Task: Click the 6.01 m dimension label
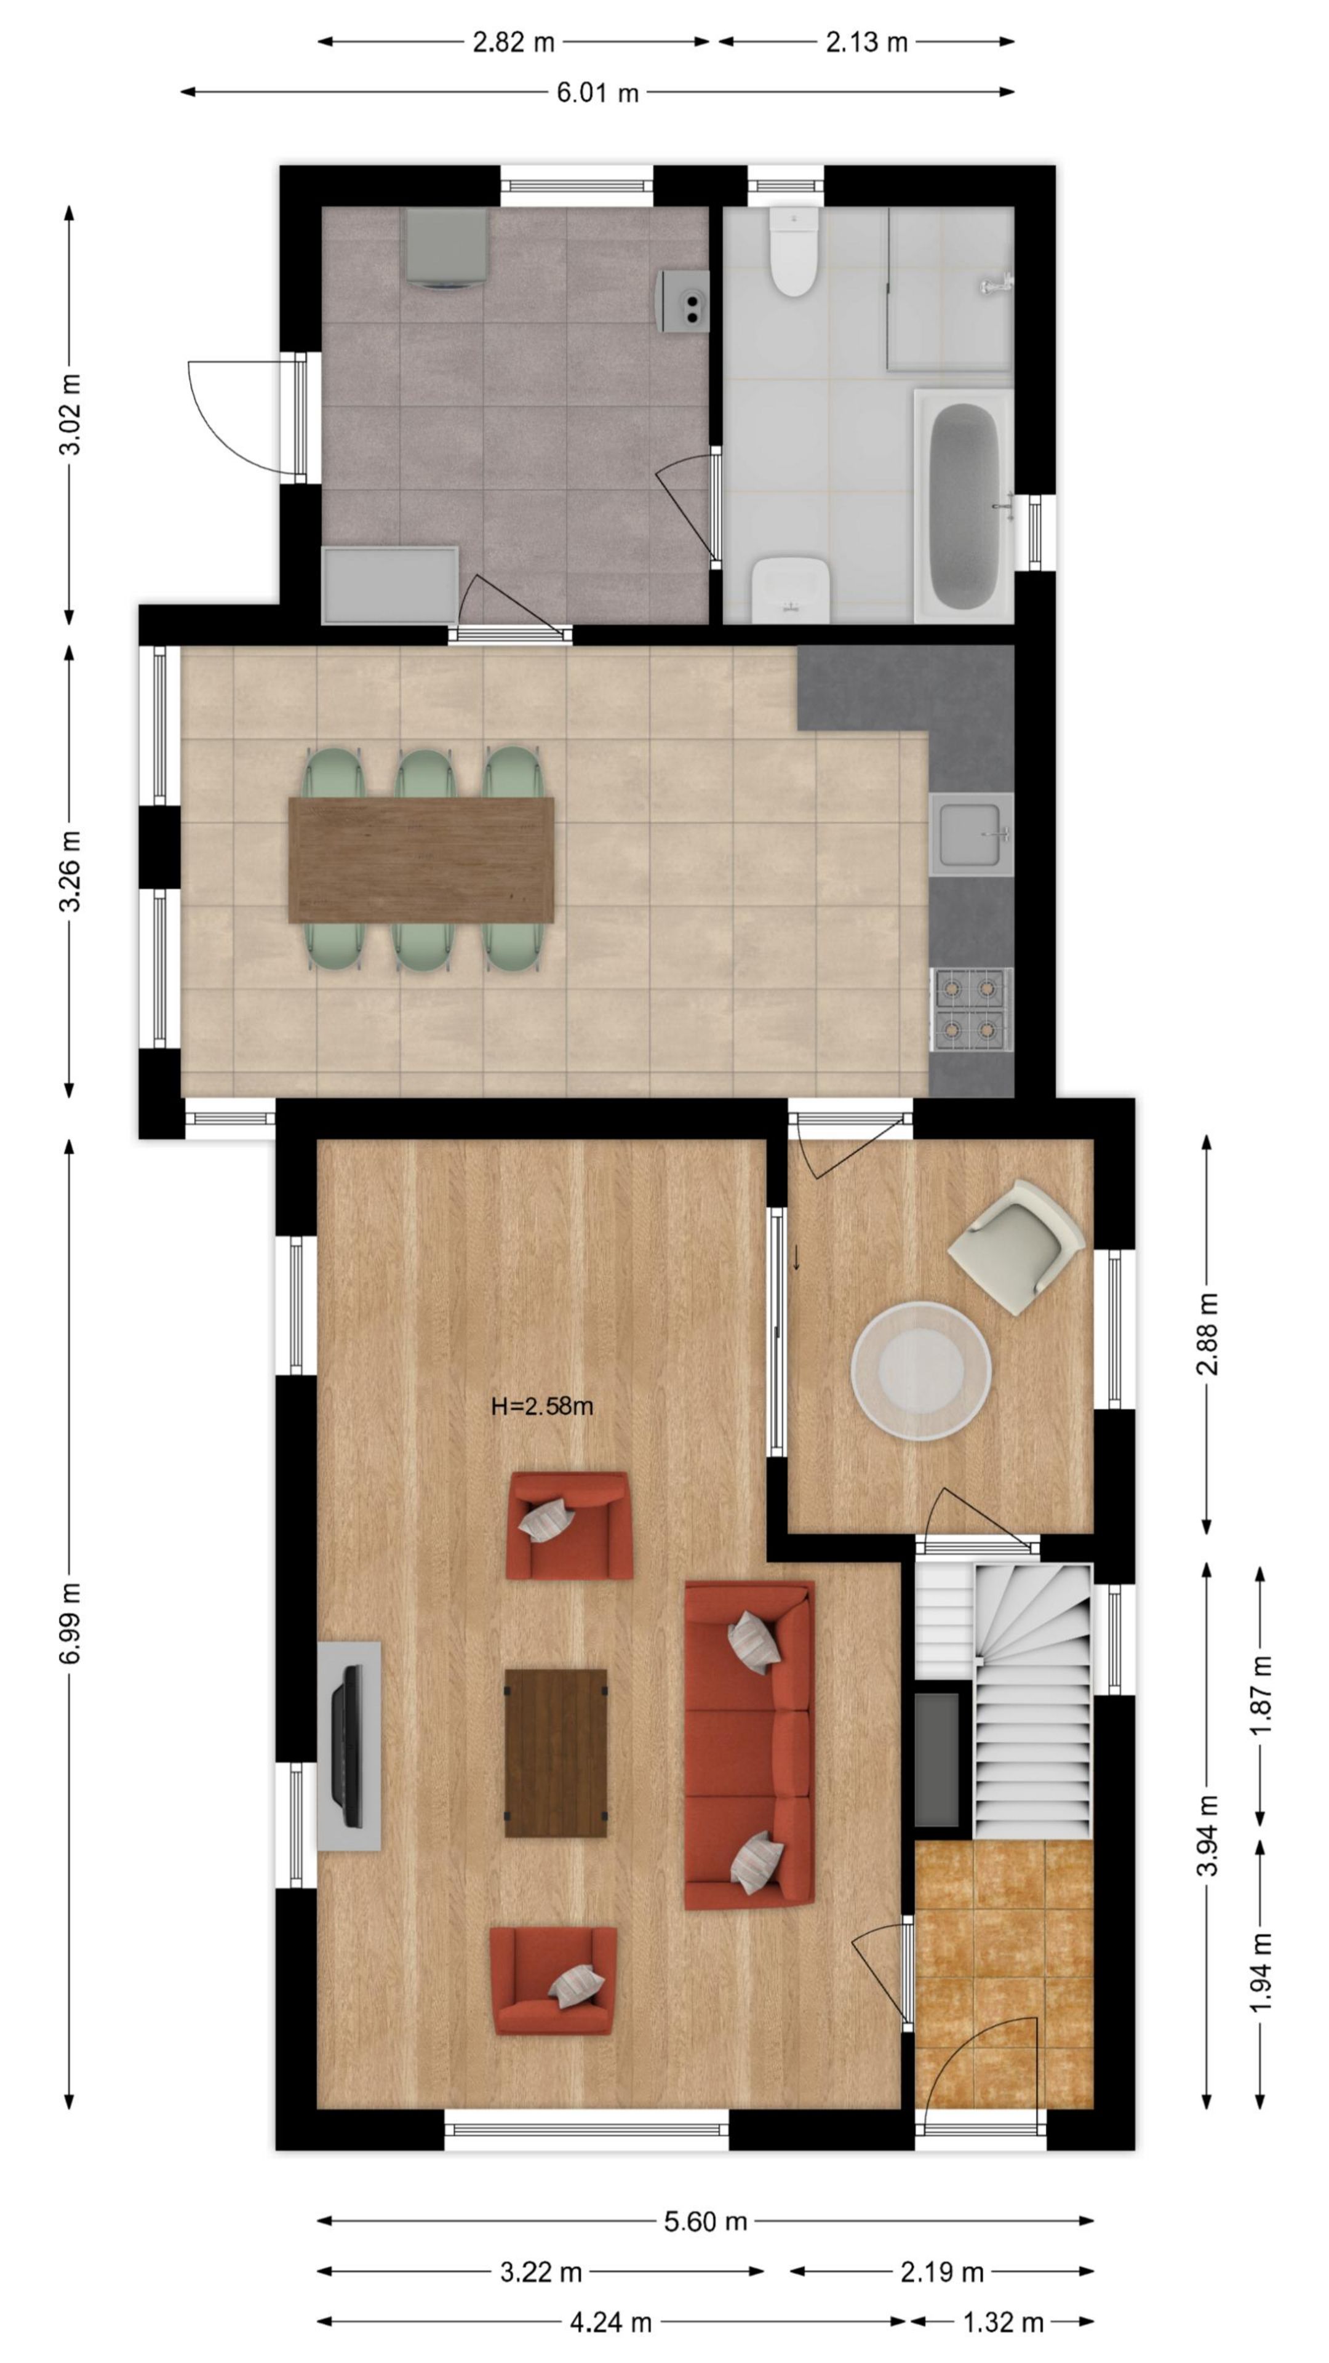tap(597, 93)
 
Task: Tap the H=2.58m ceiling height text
tap(542, 1406)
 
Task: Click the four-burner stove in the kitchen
tap(970, 1009)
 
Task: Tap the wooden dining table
tap(421, 860)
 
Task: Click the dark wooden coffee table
tap(556, 1753)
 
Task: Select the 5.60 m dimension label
tap(705, 2221)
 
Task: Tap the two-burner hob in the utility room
tap(684, 301)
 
